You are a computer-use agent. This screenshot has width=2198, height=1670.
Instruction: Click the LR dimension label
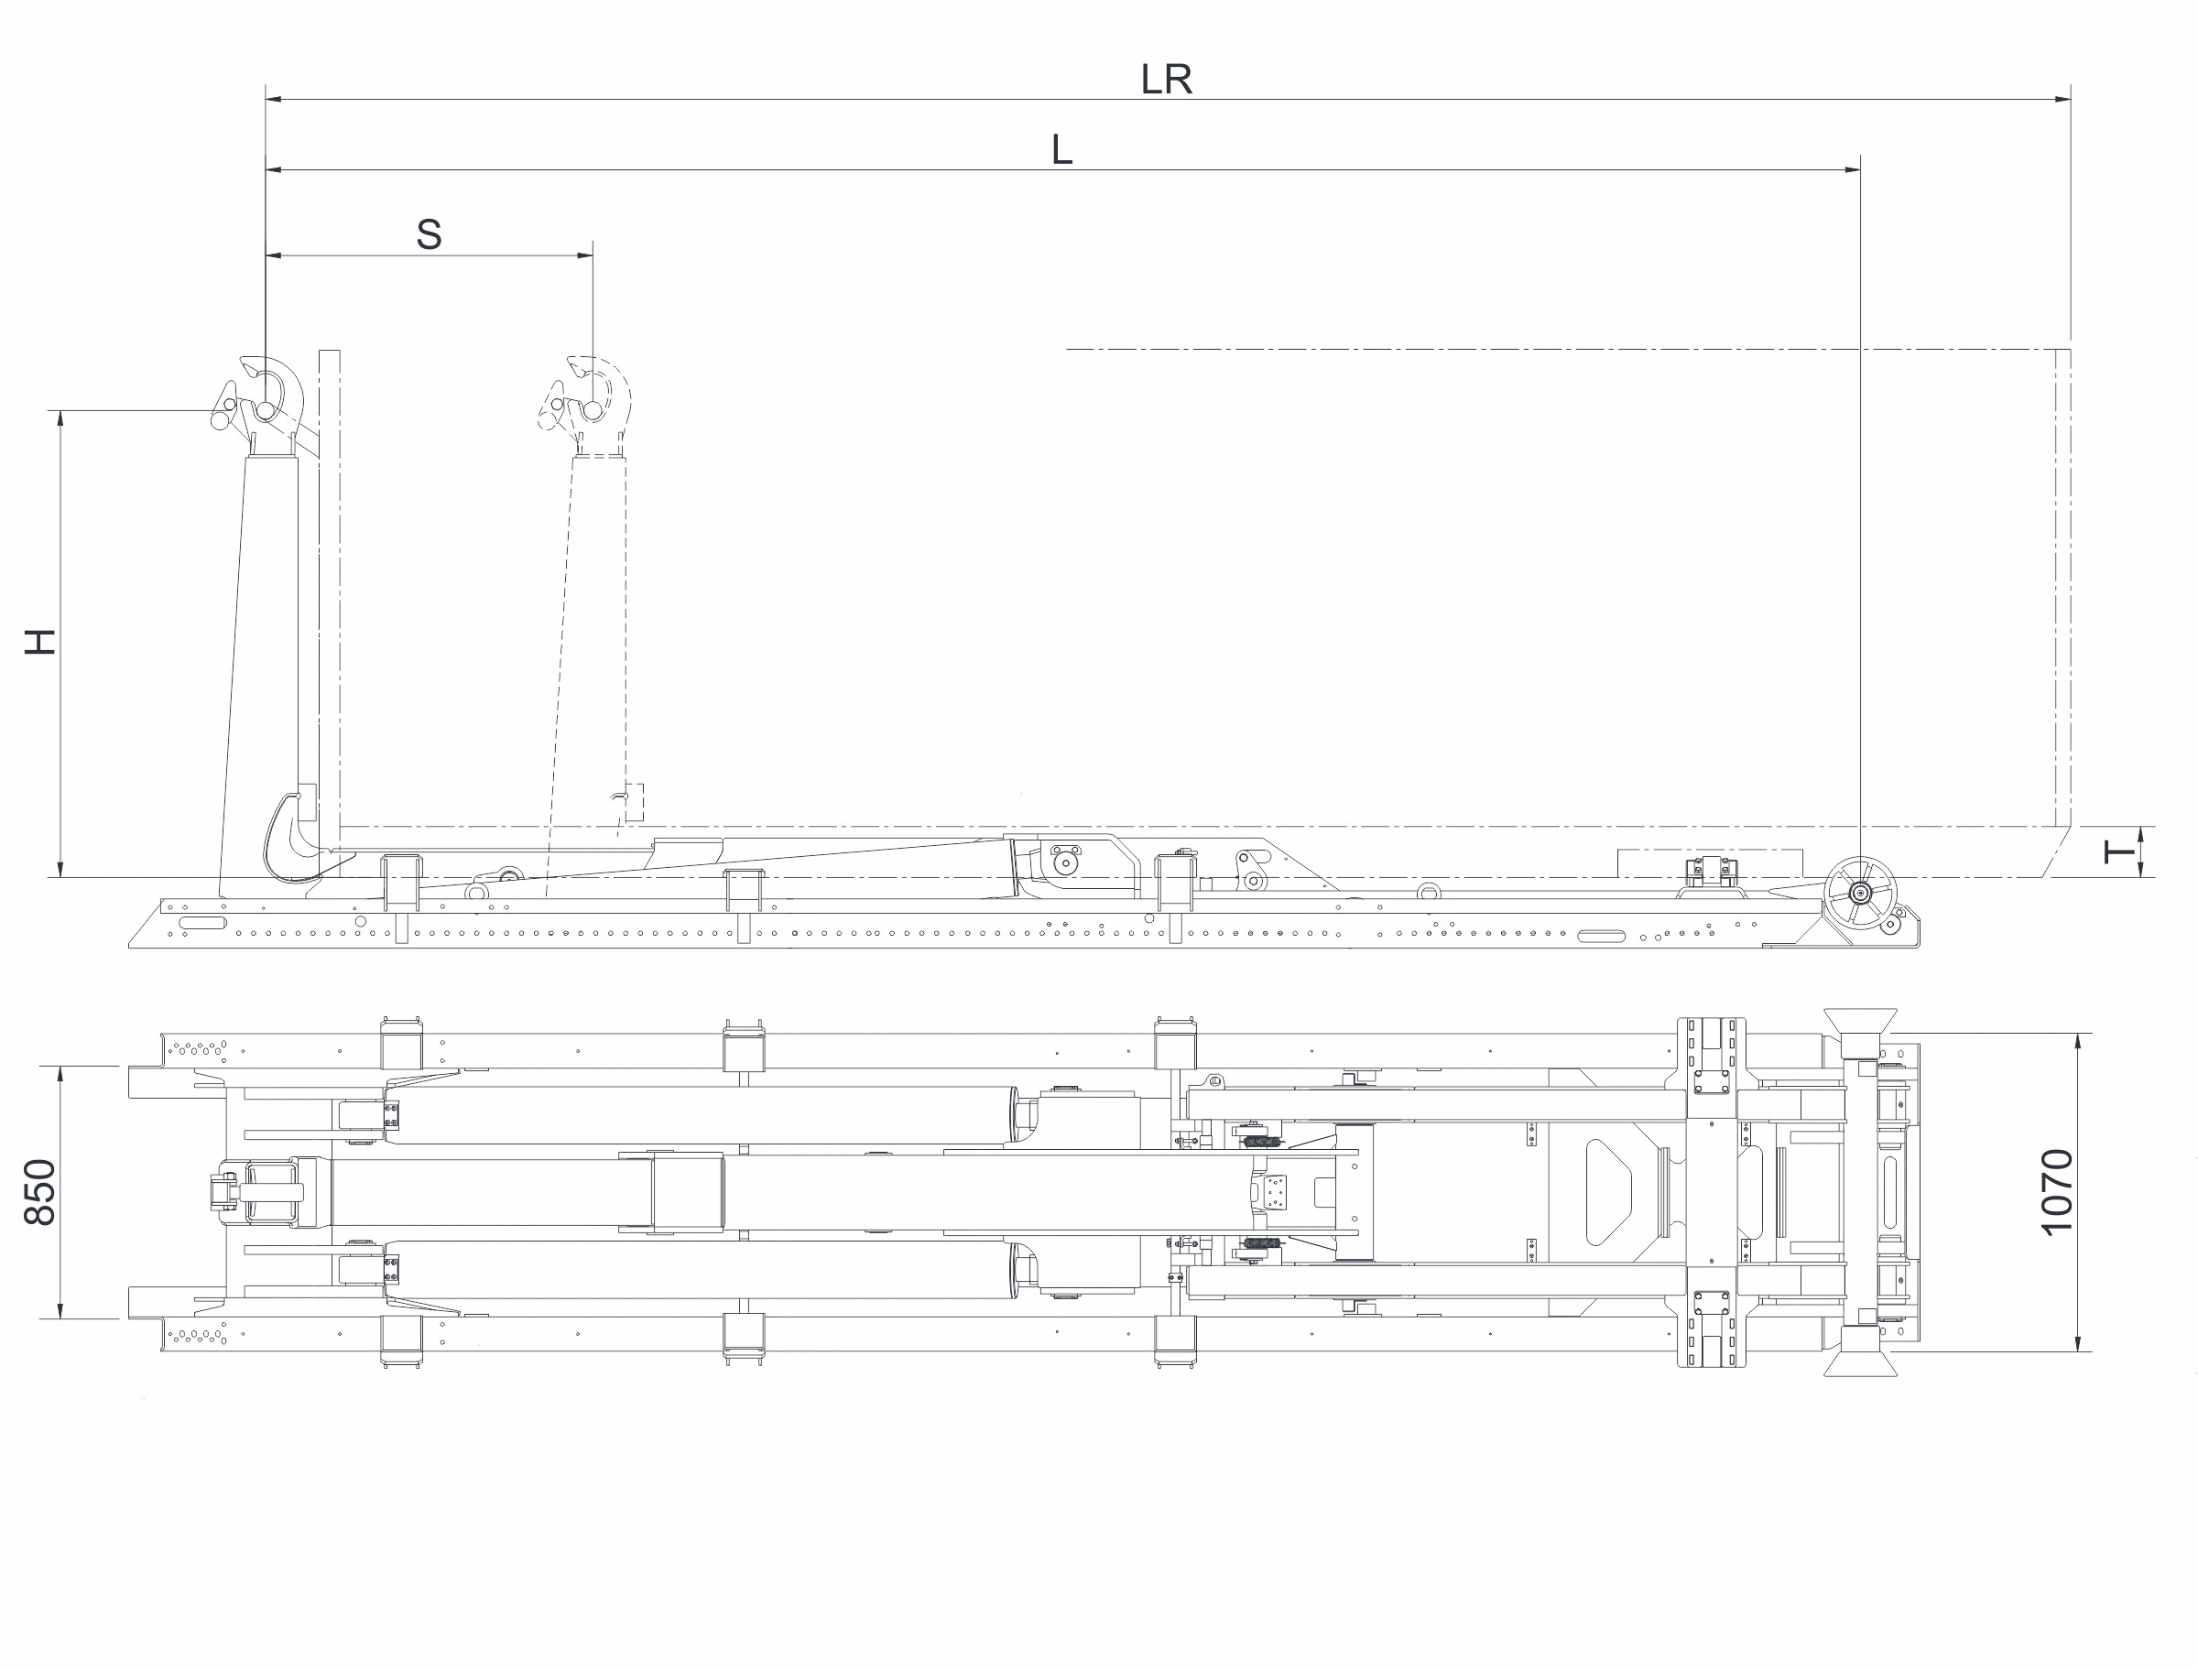(x=1165, y=79)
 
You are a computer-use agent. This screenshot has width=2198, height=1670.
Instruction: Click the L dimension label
(x=1061, y=150)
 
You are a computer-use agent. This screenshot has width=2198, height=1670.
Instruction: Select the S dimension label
(x=429, y=234)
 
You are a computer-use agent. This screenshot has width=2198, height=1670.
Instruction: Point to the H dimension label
(x=39, y=641)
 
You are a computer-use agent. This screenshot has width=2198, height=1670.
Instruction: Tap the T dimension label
(x=2119, y=851)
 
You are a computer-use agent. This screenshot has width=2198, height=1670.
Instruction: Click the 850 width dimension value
(x=39, y=1192)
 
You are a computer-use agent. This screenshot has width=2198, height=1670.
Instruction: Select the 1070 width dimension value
(x=2057, y=1192)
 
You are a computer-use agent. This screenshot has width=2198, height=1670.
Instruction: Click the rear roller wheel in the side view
(x=1859, y=893)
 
